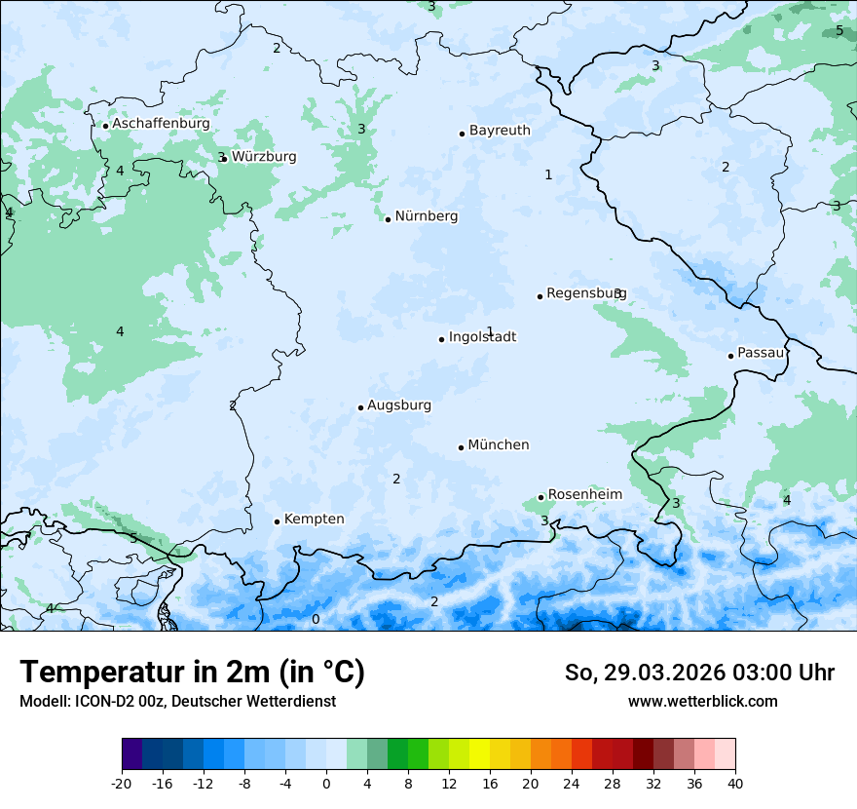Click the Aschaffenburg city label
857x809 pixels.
click(161, 125)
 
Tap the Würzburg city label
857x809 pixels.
click(264, 157)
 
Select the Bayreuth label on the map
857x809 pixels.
click(500, 131)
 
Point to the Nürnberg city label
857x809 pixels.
click(426, 216)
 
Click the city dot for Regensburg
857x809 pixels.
click(540, 296)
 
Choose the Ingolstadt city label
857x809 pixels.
click(482, 337)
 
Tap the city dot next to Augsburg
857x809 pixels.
click(360, 407)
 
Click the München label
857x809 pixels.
click(499, 445)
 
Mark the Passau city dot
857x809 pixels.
click(730, 356)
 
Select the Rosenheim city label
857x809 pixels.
click(584, 495)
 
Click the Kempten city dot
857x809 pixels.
click(277, 521)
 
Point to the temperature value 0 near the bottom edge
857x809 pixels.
click(315, 620)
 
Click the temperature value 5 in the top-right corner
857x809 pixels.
click(839, 31)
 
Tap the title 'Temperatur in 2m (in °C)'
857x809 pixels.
click(192, 673)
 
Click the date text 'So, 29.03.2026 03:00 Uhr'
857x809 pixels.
click(699, 673)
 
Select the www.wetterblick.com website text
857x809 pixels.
click(702, 702)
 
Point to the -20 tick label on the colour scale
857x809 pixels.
click(122, 784)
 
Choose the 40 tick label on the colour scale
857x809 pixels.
click(734, 784)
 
